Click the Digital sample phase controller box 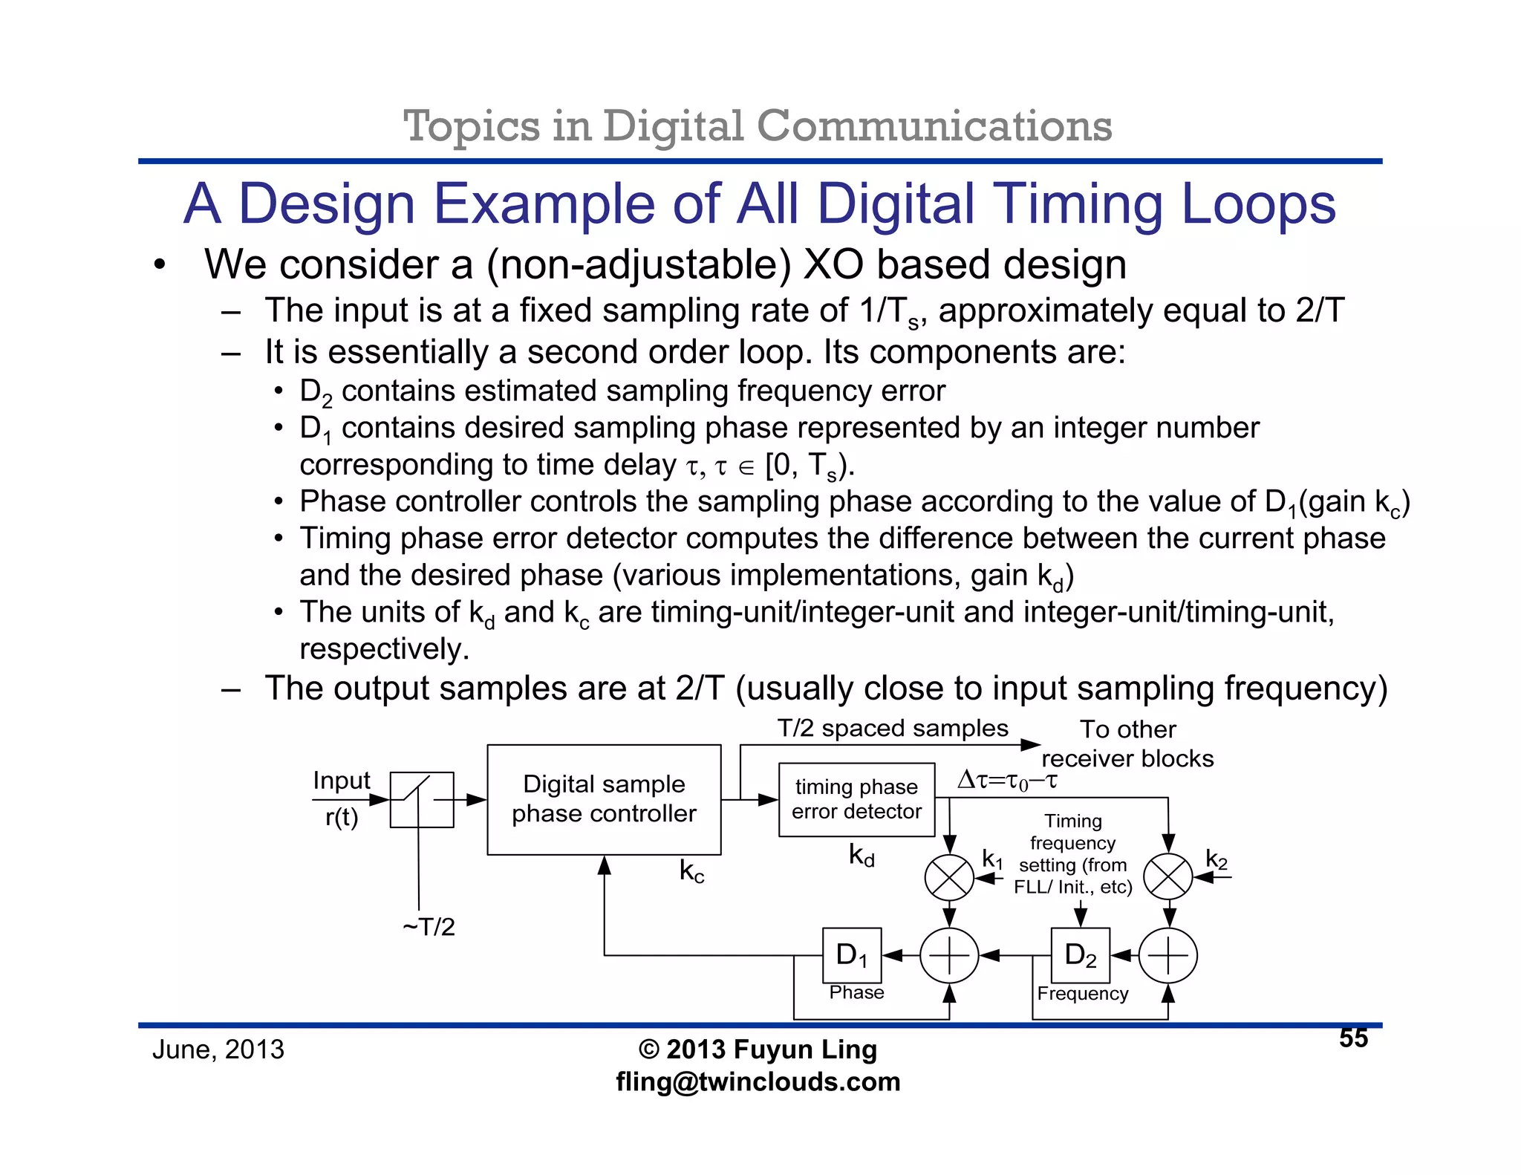(604, 799)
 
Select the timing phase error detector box (856, 799)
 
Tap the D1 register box (852, 955)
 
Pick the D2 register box (1081, 955)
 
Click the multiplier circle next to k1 (949, 878)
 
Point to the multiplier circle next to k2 (1167, 877)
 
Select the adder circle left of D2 (949, 955)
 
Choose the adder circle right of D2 (1167, 955)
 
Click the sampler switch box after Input (422, 799)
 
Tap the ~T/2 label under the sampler (429, 927)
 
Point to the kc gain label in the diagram (691, 870)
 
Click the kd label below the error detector (862, 856)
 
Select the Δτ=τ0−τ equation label (1007, 780)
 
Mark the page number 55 (1353, 1038)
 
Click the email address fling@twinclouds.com (758, 1081)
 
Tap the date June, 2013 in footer (218, 1049)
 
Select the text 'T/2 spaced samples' (893, 728)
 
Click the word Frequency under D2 (1083, 994)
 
